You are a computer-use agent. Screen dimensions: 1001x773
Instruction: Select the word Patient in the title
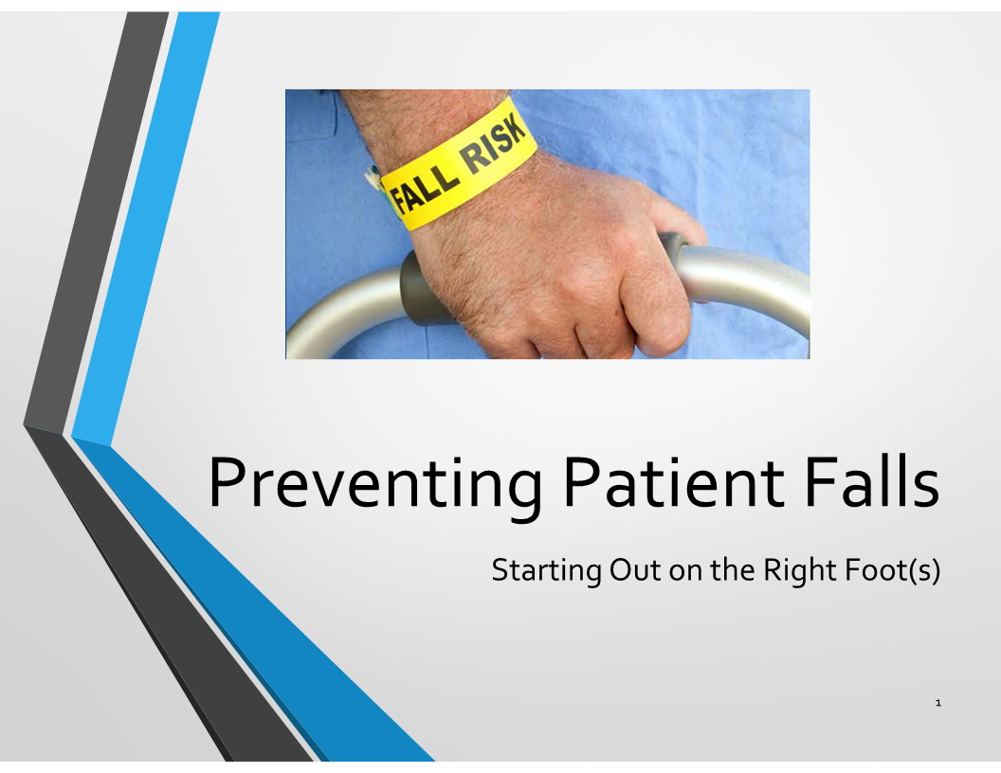(x=673, y=482)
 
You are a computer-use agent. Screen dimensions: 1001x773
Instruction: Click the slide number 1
(x=937, y=703)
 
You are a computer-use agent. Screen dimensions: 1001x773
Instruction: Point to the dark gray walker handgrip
(x=421, y=288)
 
